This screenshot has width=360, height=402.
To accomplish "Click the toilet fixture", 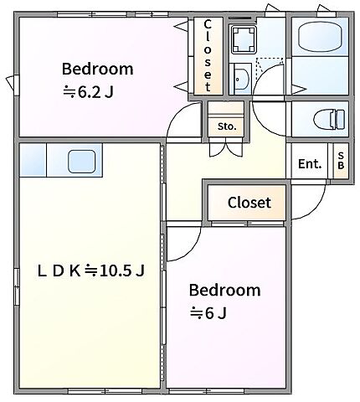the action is pyautogui.click(x=329, y=119).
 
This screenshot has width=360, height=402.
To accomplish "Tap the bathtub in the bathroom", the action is pyautogui.click(x=320, y=38).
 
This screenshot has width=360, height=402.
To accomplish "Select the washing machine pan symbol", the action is pyautogui.click(x=244, y=39).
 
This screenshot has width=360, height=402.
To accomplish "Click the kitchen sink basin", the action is pyautogui.click(x=82, y=162).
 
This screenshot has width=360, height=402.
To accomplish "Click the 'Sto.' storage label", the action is pyautogui.click(x=227, y=126).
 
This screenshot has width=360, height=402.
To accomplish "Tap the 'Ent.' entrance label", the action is pyautogui.click(x=310, y=164).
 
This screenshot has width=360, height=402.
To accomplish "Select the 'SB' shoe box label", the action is pyautogui.click(x=341, y=160).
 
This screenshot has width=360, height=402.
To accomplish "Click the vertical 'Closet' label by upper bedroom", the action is pyautogui.click(x=208, y=55).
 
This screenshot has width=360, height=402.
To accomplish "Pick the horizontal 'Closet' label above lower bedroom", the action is pyautogui.click(x=249, y=203).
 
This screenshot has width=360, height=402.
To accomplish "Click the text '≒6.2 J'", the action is pyautogui.click(x=88, y=92).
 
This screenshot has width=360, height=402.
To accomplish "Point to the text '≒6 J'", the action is pyautogui.click(x=208, y=313).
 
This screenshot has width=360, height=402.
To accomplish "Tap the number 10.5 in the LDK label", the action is pyautogui.click(x=111, y=271).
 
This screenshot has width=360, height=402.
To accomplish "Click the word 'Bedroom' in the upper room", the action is pyautogui.click(x=98, y=69).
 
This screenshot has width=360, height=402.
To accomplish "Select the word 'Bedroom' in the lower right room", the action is pyautogui.click(x=224, y=291).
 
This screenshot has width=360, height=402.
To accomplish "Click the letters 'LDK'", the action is pyautogui.click(x=59, y=271).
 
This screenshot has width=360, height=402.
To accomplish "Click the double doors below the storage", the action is pyautogui.click(x=226, y=150).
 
